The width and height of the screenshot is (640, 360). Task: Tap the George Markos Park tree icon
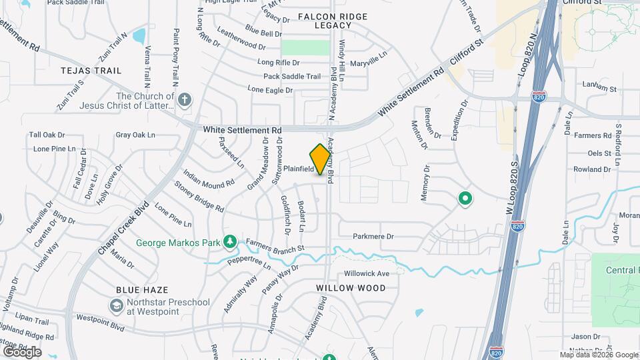(x=230, y=241)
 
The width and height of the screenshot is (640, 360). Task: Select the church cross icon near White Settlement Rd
(x=185, y=101)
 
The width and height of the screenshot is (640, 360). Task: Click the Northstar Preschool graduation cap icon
(x=116, y=305)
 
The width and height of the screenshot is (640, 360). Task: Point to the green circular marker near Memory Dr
(x=465, y=198)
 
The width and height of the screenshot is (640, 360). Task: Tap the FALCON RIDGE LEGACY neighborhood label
(x=323, y=21)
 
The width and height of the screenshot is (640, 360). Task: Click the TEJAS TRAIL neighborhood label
(x=91, y=70)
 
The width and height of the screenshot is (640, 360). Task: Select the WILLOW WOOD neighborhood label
(x=351, y=288)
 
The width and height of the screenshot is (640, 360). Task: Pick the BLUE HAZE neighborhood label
(x=141, y=290)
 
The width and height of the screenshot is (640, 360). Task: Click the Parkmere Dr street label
(x=373, y=236)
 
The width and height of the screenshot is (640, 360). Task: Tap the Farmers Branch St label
(x=275, y=245)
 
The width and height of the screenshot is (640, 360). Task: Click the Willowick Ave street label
(x=367, y=273)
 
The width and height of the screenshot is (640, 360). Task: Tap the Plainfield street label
(x=298, y=169)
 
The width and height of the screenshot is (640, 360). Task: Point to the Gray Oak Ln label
(x=135, y=135)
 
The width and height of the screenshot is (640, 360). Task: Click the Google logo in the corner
(x=22, y=351)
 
